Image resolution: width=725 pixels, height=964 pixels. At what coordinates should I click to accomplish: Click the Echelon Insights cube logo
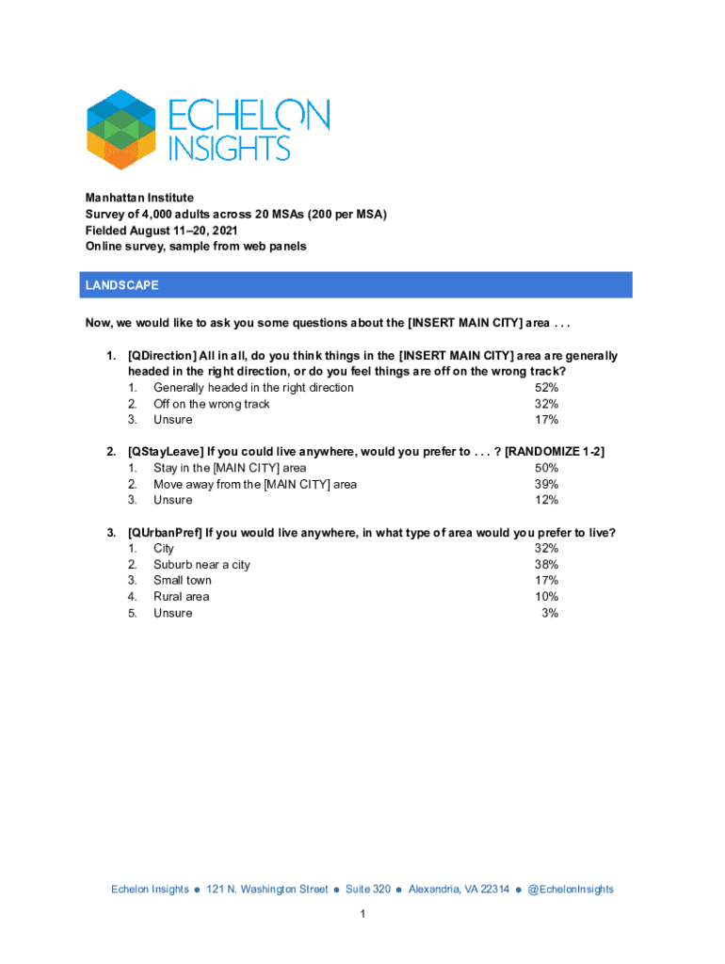[121, 129]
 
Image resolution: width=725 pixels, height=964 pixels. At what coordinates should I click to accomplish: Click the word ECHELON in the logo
[249, 116]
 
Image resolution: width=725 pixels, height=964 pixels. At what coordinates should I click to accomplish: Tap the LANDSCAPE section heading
[121, 285]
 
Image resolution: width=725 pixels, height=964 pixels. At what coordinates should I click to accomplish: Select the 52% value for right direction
[546, 388]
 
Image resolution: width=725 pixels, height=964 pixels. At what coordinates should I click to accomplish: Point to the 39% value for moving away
[546, 484]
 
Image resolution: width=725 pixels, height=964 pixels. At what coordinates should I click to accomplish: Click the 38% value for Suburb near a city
[546, 565]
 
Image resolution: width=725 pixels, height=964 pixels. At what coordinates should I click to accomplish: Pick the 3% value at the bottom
[550, 613]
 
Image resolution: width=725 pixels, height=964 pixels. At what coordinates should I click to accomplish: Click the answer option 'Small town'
[183, 581]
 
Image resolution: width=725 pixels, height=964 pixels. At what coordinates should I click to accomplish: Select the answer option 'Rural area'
[182, 597]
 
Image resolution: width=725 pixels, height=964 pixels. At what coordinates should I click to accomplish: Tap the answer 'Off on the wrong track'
[212, 404]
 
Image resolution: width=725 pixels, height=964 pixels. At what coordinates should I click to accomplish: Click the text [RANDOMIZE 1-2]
[555, 452]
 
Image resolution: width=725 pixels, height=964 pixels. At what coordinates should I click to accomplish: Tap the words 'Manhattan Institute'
[139, 198]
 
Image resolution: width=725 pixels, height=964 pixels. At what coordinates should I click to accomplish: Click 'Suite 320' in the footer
[368, 889]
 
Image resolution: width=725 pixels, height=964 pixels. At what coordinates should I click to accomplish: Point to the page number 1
[362, 915]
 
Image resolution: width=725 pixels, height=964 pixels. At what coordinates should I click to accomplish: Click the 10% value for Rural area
[546, 597]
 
